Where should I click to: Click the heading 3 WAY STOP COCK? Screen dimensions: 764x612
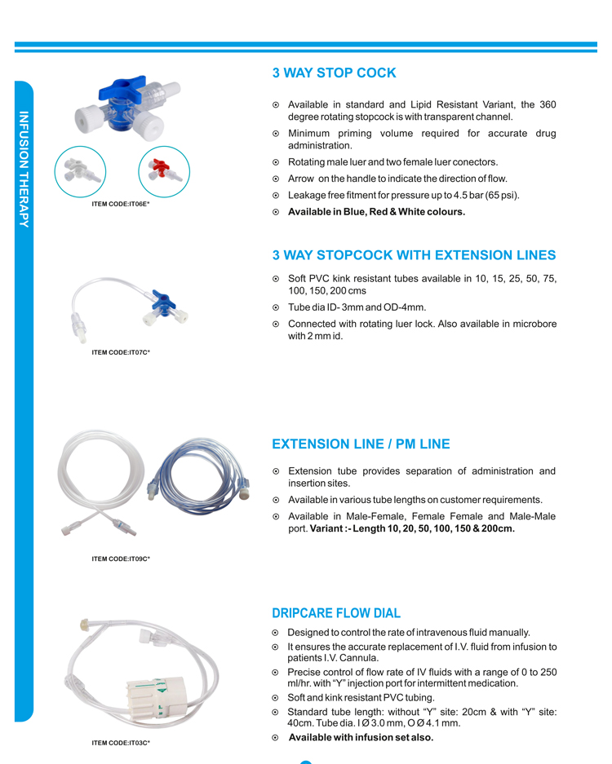[334, 73]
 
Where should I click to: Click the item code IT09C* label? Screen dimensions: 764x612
[121, 559]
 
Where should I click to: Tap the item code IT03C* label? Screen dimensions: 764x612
[121, 743]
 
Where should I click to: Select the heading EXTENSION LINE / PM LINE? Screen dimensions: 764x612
[360, 444]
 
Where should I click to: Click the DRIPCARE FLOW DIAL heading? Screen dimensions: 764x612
[335, 613]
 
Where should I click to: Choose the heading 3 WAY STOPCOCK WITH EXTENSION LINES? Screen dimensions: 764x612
[414, 256]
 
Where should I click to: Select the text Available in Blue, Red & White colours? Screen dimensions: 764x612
[376, 212]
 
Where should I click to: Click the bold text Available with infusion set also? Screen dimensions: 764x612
[361, 737]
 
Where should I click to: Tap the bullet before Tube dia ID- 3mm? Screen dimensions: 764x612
[276, 307]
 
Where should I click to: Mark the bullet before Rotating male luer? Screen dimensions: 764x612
[276, 162]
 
